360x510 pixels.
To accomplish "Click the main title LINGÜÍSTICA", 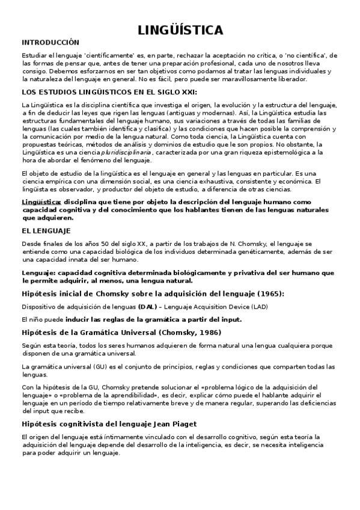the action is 180,30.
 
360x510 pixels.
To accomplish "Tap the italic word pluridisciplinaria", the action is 127,153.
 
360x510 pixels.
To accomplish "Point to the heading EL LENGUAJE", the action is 46,230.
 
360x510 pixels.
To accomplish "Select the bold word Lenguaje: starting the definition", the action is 37,272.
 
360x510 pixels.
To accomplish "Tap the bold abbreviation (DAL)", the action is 146,307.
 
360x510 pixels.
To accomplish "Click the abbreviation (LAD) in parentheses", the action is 260,307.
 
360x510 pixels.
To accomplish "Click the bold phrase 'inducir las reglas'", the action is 93,319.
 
